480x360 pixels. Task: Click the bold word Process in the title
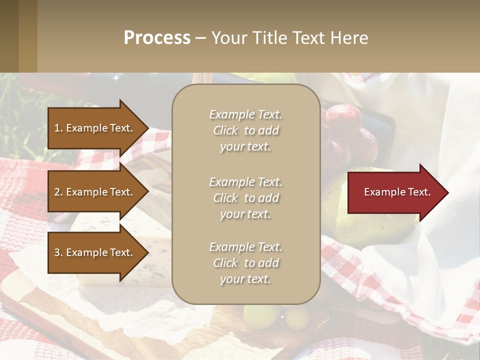click(157, 38)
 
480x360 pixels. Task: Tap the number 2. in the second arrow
click(58, 192)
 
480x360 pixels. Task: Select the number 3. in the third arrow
click(58, 252)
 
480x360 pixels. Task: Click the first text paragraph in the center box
click(245, 130)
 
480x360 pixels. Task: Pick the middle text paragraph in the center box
click(245, 198)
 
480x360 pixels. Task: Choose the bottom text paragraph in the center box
click(245, 263)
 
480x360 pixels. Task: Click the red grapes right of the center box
click(345, 120)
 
